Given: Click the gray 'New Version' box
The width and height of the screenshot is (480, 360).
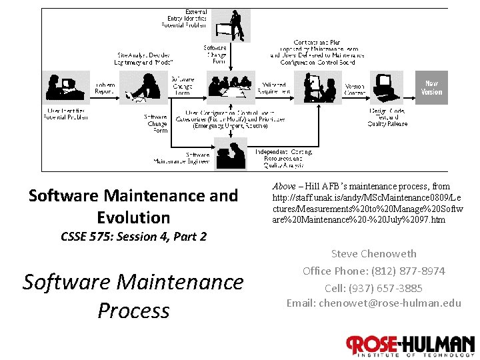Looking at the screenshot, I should pos(431,87).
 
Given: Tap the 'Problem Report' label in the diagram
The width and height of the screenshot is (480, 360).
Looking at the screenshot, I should pos(105,88).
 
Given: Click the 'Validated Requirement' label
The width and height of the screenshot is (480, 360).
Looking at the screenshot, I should pos(274,88).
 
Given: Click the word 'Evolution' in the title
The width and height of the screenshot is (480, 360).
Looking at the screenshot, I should pos(133,217).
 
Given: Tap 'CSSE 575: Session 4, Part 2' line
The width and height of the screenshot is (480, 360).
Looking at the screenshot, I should pos(133,237).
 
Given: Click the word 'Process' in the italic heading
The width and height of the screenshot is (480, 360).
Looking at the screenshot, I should pos(133,310).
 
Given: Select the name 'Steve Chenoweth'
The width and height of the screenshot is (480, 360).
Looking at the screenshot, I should pos(373,253).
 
